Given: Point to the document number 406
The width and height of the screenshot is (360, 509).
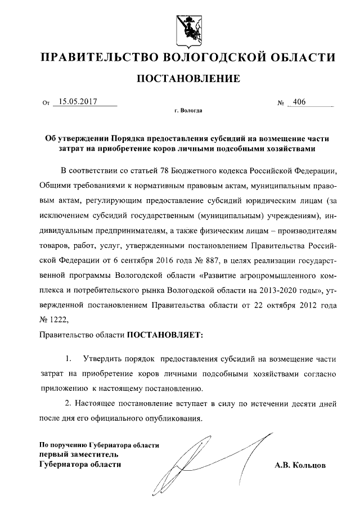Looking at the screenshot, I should [x=299, y=102].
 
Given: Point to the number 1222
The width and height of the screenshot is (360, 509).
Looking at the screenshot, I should [x=60, y=320].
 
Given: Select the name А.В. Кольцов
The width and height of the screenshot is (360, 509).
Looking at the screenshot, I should [x=300, y=466].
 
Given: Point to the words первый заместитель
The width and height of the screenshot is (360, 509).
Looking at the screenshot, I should [x=71, y=454].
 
